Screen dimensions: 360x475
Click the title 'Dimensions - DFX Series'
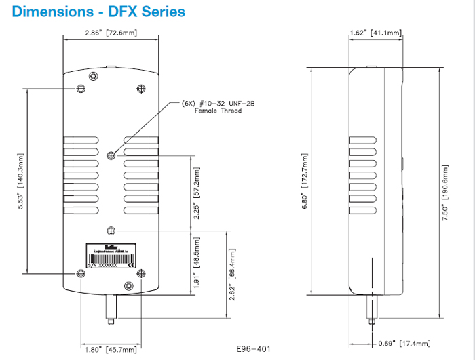point(98,12)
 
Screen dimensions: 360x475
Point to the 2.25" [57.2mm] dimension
point(197,193)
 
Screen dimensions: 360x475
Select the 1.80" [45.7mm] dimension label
point(111,349)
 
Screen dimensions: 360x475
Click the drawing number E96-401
point(254,349)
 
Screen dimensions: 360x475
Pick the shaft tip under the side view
point(371,319)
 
